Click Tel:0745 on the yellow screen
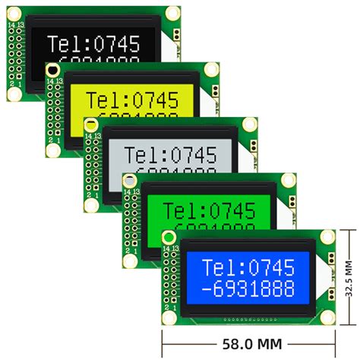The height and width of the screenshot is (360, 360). point(133,100)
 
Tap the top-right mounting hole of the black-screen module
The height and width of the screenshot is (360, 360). point(174,13)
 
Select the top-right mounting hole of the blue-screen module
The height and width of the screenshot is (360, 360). point(327,237)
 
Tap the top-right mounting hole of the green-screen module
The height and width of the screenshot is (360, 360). point(288,180)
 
